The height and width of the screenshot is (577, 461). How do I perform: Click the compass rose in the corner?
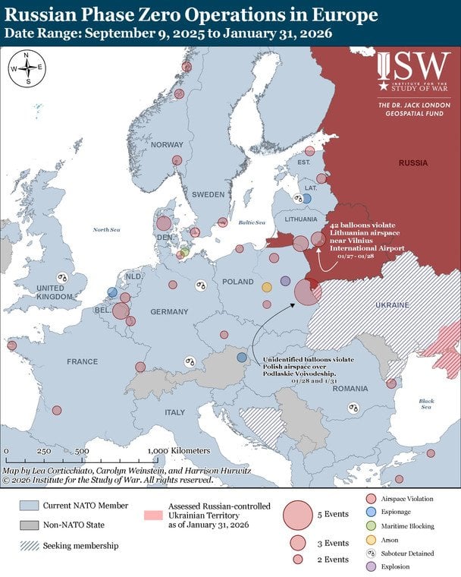(26, 67)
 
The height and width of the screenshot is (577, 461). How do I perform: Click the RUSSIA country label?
(413, 163)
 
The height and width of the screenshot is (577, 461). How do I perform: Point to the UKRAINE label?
(392, 305)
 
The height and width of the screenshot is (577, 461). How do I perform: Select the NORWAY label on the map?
(167, 145)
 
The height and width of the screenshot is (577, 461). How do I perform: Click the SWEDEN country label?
(209, 194)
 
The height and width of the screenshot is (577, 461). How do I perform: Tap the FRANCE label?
(82, 361)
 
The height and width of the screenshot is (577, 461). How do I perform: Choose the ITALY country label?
(175, 412)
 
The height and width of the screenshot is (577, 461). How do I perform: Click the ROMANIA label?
(349, 388)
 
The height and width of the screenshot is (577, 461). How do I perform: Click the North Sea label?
(106, 229)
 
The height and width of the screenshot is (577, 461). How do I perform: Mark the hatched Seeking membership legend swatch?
(30, 545)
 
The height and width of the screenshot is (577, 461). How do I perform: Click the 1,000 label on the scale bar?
(157, 451)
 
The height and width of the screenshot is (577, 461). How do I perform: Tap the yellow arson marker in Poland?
(266, 287)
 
